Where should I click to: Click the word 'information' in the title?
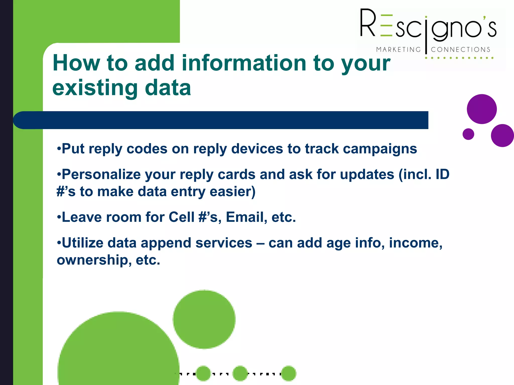pos(243,63)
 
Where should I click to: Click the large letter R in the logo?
pos(368,23)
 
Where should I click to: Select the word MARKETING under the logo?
pos(398,50)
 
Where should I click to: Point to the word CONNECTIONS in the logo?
pos(461,50)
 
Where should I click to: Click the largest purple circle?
pos(482,109)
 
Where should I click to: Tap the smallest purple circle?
pos(468,134)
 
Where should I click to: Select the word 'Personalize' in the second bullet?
pos(101,174)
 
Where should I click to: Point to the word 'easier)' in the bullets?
pos(232,192)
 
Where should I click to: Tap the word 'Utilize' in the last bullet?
pos(83,243)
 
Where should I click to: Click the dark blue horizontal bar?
pos(221,120)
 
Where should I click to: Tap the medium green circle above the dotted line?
pos(204,319)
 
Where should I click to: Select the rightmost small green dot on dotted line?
pos(289,373)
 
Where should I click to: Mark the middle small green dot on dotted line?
pos(240,373)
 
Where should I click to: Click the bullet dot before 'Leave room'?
pos(59,217)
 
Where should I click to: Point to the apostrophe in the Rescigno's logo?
pos(485,18)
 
